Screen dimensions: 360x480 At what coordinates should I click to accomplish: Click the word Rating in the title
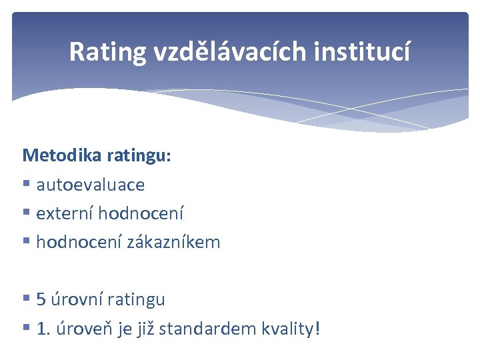[107, 51]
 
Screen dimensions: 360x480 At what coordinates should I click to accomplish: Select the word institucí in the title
[371, 51]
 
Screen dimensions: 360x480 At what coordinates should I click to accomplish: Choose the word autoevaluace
[90, 185]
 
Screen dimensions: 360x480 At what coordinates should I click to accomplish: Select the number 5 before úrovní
[41, 299]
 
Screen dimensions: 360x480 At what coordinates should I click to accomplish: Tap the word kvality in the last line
[287, 328]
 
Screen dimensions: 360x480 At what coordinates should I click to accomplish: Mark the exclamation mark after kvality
[317, 328]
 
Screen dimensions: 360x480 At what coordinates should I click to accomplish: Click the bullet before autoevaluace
[27, 185]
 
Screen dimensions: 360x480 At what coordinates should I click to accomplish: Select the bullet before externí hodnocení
[27, 213]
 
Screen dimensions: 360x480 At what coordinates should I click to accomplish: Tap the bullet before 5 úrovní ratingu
[27, 299]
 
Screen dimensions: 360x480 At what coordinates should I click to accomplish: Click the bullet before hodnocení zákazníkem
[27, 242]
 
